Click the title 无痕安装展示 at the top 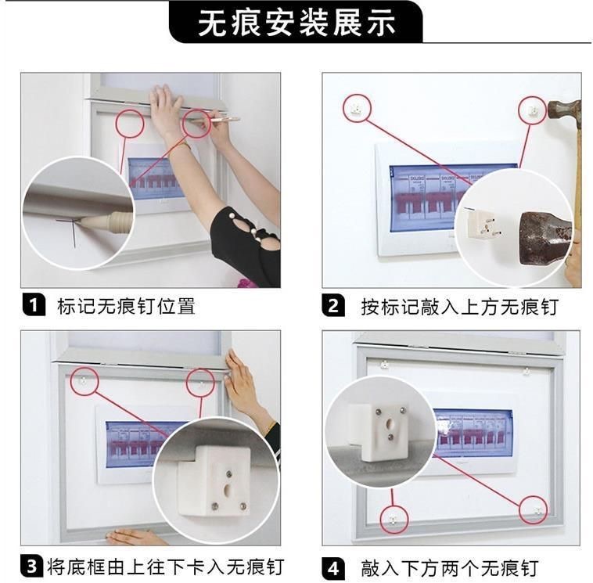(x=296, y=23)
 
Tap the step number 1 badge (x=34, y=304)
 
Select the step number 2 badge (x=333, y=305)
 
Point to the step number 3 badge (x=33, y=566)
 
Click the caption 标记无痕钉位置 (x=126, y=306)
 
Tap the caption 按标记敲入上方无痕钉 (x=459, y=307)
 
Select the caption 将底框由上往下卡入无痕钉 (x=165, y=567)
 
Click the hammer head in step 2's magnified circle (x=544, y=238)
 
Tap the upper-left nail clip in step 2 (x=356, y=109)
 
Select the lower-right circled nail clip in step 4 (x=538, y=512)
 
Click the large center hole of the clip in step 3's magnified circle (x=228, y=490)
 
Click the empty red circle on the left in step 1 (x=130, y=123)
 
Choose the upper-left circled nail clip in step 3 (x=83, y=380)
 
